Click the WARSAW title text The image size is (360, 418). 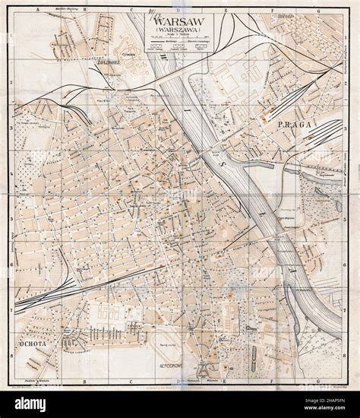(180, 21)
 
